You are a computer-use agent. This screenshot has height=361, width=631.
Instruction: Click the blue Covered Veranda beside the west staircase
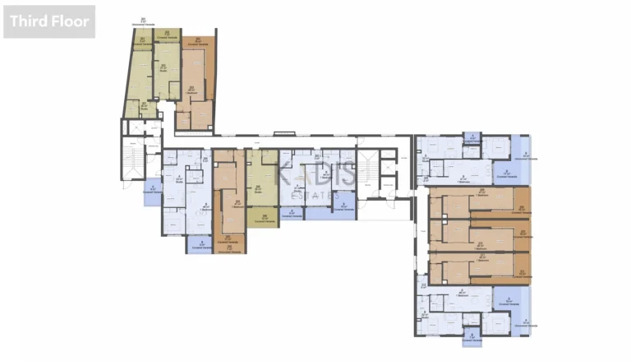click(x=152, y=190)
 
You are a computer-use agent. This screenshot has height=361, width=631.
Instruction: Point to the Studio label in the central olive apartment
click(x=257, y=189)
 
